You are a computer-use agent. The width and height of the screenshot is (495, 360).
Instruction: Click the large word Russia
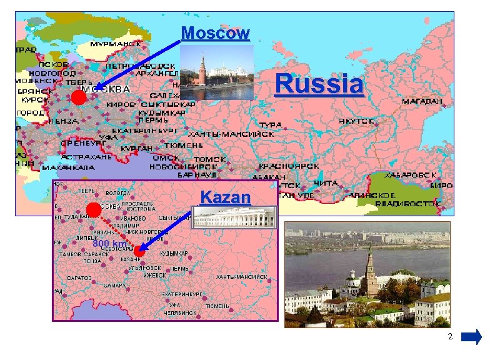(x=319, y=84)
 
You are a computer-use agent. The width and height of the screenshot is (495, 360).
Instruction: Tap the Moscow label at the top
(x=215, y=32)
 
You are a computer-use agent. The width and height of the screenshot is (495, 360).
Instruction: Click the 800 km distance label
(x=109, y=243)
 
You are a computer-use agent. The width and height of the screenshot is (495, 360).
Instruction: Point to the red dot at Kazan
(x=139, y=252)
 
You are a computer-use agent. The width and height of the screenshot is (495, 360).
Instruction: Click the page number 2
(x=449, y=337)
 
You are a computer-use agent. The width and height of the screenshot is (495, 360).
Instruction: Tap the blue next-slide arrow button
(x=471, y=337)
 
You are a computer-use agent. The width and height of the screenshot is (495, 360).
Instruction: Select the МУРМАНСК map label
(x=116, y=44)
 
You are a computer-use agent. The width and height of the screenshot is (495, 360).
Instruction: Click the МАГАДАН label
(x=422, y=100)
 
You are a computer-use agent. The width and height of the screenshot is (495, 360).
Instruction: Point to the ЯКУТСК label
(x=357, y=121)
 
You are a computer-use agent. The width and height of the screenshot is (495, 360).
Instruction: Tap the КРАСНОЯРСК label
(x=289, y=166)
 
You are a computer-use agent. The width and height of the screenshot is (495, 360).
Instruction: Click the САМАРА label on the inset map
(x=114, y=286)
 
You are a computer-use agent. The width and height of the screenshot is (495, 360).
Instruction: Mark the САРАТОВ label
(x=79, y=277)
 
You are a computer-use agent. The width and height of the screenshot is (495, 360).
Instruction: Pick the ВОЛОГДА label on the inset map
(x=118, y=194)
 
